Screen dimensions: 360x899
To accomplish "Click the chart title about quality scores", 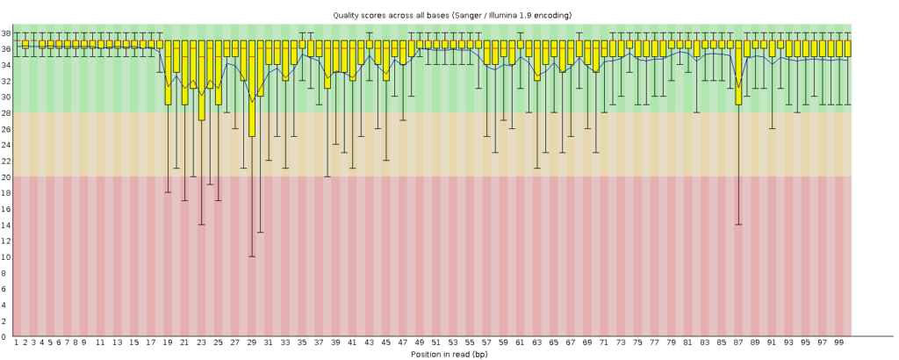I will [x=449, y=15].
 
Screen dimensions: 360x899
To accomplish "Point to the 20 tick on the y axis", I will [x=6, y=176].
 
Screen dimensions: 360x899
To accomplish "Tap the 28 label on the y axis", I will [x=6, y=112].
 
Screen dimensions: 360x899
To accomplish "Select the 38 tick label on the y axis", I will [x=6, y=32].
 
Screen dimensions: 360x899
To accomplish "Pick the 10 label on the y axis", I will [x=6, y=256].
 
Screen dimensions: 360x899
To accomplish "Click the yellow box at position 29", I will [x=252, y=88].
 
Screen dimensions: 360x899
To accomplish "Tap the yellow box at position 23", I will [x=202, y=80].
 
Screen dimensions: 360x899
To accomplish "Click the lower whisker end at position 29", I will [x=252, y=256].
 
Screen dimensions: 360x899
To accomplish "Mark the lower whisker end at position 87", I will [x=738, y=225].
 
